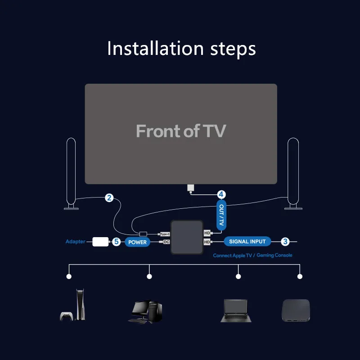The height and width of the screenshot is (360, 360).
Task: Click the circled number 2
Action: point(109,198)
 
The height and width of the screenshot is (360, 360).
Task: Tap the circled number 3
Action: point(285,242)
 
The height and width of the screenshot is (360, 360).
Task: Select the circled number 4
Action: point(221,195)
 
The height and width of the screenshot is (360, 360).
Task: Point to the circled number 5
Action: point(116,242)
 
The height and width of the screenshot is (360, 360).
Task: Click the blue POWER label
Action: point(138,242)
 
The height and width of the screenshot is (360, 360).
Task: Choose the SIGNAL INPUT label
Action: point(247,241)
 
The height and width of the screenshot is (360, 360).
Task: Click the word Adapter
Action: point(75,242)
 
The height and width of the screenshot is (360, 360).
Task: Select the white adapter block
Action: point(100,242)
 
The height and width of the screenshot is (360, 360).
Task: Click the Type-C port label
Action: point(165,234)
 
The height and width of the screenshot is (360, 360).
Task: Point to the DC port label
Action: point(166,242)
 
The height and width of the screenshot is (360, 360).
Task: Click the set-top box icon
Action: point(295,310)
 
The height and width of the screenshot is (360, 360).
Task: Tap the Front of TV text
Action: point(180,131)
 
